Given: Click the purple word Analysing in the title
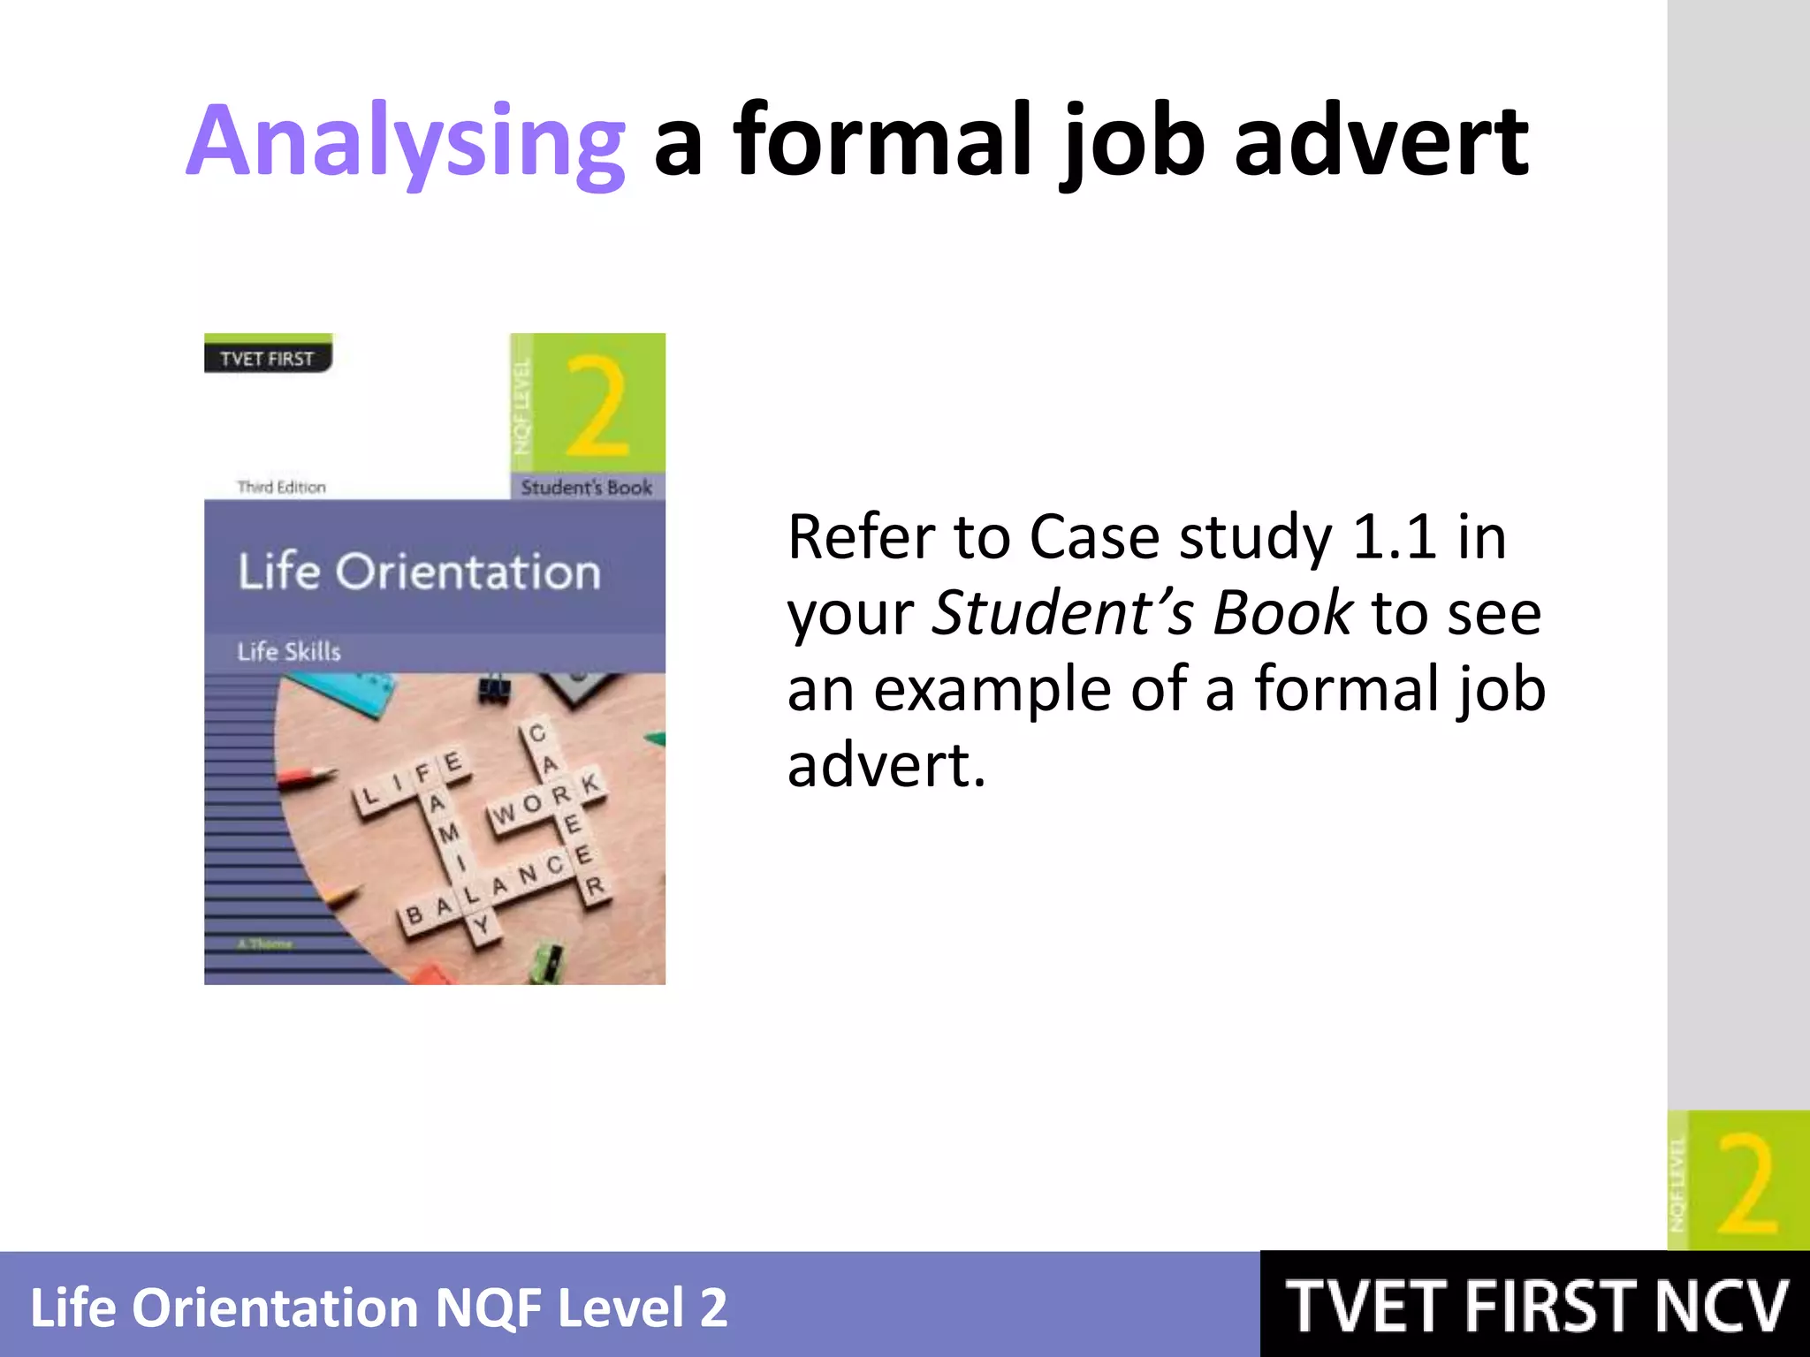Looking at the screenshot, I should (x=406, y=141).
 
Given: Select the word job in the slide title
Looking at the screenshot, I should (x=1134, y=141).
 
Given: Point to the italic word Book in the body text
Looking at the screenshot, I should (x=1281, y=612).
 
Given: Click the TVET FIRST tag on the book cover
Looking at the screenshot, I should (x=267, y=359).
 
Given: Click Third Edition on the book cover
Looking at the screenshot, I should (x=281, y=487).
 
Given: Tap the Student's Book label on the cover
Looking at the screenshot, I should (x=587, y=487).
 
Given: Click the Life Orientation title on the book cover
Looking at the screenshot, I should (x=419, y=571).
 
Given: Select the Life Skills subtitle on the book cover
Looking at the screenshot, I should (x=289, y=651).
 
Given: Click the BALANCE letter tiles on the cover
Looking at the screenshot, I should (x=495, y=888).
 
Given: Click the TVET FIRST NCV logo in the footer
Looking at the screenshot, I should (x=1536, y=1306).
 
